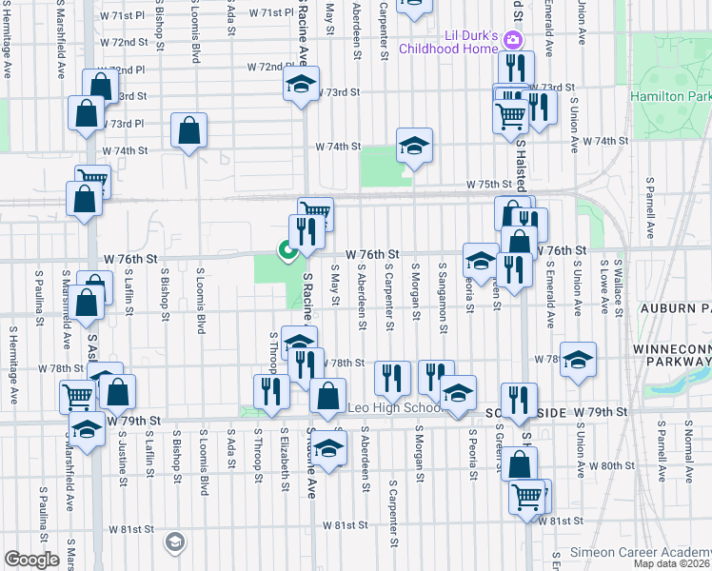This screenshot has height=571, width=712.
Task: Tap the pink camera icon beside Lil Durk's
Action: pyautogui.click(x=513, y=39)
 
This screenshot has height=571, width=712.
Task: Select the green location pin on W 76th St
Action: pyautogui.click(x=286, y=250)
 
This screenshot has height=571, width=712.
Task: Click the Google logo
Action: pyautogui.click(x=32, y=560)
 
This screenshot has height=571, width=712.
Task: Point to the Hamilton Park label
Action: pyautogui.click(x=671, y=96)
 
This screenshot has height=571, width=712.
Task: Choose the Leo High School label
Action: pyautogui.click(x=391, y=408)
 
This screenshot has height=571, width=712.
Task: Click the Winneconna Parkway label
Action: pyautogui.click(x=671, y=356)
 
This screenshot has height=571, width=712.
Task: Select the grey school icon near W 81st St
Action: pyautogui.click(x=173, y=542)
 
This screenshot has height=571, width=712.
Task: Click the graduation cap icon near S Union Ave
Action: pyautogui.click(x=578, y=360)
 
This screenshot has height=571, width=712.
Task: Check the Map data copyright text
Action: pyautogui.click(x=672, y=563)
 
